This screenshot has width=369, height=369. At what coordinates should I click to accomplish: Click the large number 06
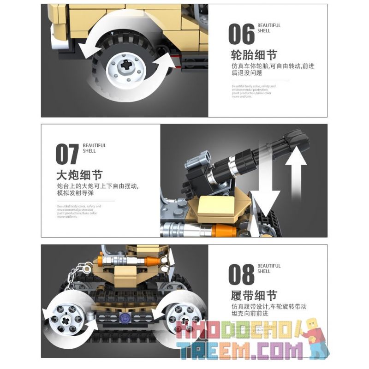pyautogui.click(x=241, y=35)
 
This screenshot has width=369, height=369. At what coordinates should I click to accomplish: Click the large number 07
pyautogui.click(x=67, y=155)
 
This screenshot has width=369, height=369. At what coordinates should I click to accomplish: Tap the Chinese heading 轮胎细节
pyautogui.click(x=254, y=56)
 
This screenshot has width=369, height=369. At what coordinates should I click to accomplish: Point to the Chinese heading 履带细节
pyautogui.click(x=254, y=296)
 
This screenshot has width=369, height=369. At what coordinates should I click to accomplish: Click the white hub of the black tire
pyautogui.click(x=125, y=66)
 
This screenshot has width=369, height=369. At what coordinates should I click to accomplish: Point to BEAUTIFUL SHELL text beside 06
pyautogui.click(x=268, y=29)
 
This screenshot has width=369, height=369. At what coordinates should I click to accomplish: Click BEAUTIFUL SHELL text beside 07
pyautogui.click(x=95, y=148)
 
